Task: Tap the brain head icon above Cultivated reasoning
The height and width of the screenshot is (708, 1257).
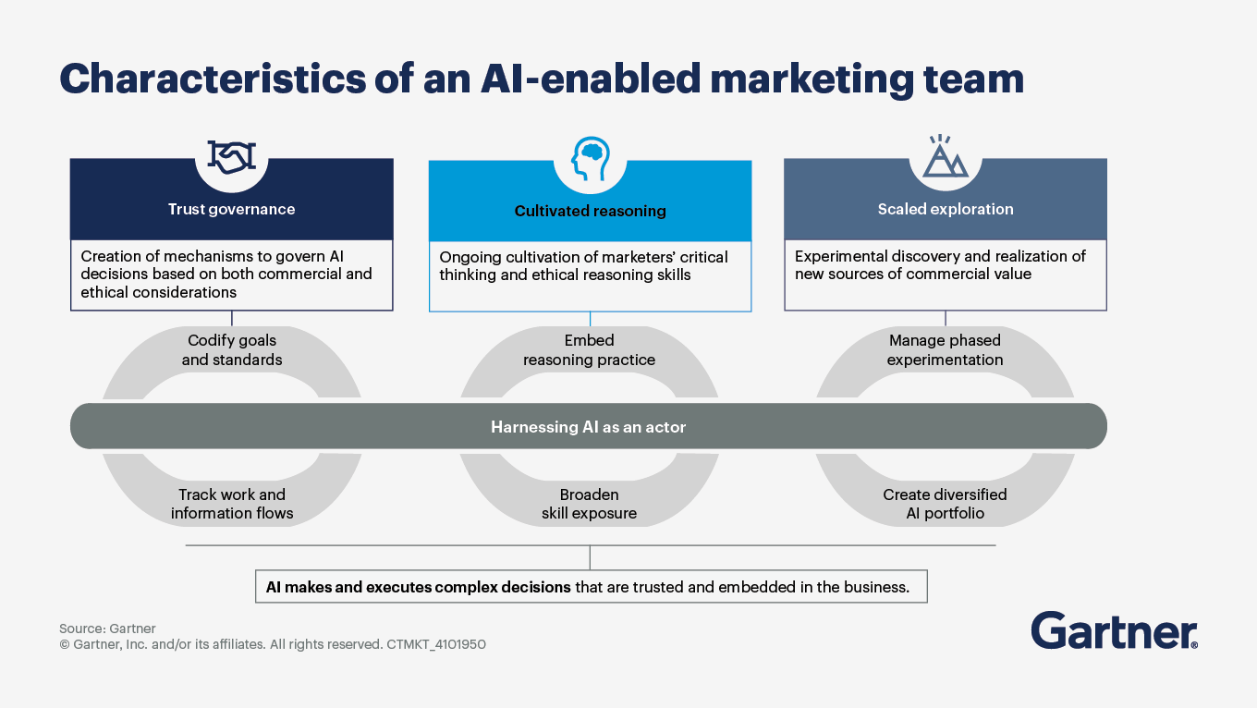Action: click(589, 158)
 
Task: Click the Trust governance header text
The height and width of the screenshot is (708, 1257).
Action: click(231, 209)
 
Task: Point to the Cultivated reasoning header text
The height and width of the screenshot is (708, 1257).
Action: click(590, 211)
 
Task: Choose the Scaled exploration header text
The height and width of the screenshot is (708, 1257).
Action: click(945, 209)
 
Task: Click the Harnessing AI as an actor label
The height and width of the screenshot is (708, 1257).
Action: click(588, 427)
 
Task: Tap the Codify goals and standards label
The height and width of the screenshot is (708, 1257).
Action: click(232, 350)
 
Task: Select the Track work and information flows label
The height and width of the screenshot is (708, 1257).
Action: click(232, 504)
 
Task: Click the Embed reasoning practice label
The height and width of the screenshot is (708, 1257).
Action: click(589, 350)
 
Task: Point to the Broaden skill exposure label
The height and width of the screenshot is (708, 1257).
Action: click(589, 504)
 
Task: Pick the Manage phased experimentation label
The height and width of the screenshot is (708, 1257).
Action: click(945, 350)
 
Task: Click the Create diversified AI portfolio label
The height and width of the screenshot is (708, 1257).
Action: click(945, 504)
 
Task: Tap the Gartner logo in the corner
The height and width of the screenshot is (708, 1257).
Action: click(1114, 630)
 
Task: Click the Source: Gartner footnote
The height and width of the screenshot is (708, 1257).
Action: click(107, 629)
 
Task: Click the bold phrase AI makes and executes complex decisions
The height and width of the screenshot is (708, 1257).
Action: click(418, 587)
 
